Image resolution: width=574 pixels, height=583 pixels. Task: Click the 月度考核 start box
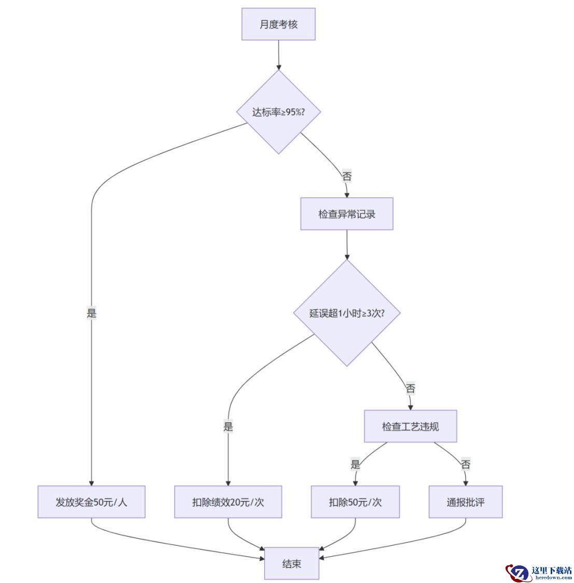(278, 24)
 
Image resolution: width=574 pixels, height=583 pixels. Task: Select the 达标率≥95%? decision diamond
(278, 112)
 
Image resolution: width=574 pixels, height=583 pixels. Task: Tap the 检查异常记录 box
(347, 214)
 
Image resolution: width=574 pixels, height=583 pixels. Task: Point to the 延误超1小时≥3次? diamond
(347, 313)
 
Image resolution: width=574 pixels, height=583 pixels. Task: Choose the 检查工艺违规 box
(411, 426)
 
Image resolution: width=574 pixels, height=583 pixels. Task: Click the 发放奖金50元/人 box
(91, 502)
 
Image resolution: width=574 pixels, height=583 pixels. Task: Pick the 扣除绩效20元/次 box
(228, 502)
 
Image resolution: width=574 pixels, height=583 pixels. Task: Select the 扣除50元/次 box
(355, 502)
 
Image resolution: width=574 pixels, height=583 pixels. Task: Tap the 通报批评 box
(466, 502)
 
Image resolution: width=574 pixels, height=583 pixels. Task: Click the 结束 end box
(292, 564)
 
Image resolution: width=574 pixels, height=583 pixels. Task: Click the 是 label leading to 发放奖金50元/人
(91, 313)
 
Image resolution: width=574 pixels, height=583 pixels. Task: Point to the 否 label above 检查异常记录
(347, 176)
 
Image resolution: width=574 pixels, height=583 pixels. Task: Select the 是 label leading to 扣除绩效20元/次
(228, 426)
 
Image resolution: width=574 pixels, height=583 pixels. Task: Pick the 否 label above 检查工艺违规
(411, 388)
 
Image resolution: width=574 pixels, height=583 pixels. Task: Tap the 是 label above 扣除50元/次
(355, 464)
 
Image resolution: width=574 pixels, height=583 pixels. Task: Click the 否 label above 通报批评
(466, 464)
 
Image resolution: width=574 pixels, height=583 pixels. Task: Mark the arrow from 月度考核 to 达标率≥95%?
(278, 55)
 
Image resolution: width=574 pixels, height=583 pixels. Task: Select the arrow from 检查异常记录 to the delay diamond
(347, 245)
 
